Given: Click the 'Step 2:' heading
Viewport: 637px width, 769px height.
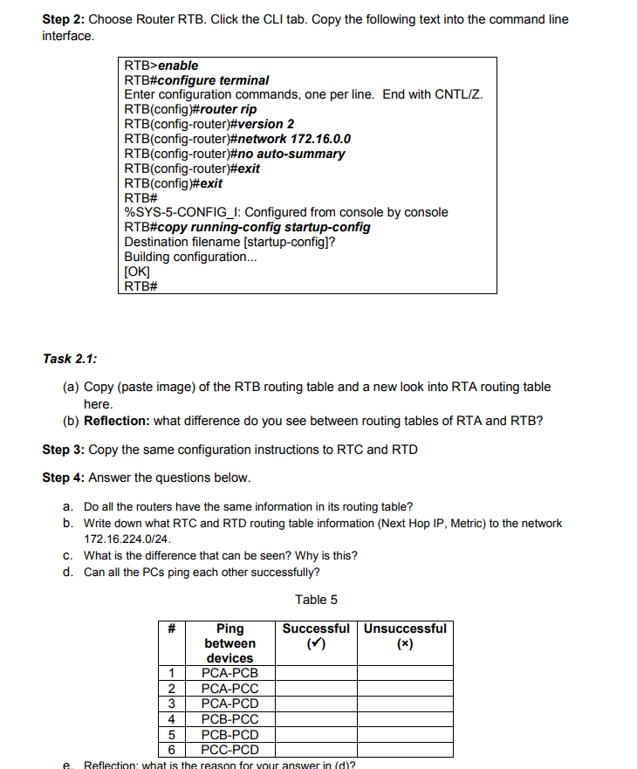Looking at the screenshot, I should click(64, 19).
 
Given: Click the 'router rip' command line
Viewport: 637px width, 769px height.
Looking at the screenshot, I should click(190, 109).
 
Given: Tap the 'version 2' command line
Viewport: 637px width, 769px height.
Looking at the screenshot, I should click(210, 124).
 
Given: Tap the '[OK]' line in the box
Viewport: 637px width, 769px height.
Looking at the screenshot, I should click(137, 271).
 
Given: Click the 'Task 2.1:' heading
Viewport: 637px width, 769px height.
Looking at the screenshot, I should click(70, 358).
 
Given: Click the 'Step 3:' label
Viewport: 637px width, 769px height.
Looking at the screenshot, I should click(64, 450).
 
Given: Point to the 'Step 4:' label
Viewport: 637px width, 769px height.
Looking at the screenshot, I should click(64, 477).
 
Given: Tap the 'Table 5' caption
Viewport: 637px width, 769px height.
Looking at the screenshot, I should click(316, 600).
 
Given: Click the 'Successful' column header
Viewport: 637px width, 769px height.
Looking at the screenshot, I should click(316, 628).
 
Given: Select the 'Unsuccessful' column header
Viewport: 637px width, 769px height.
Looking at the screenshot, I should click(405, 628).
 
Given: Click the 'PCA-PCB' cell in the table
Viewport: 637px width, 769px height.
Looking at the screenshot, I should click(229, 673).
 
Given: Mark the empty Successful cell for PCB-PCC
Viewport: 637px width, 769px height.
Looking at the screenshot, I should click(316, 719).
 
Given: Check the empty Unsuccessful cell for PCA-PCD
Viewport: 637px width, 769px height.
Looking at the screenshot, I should click(405, 704).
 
